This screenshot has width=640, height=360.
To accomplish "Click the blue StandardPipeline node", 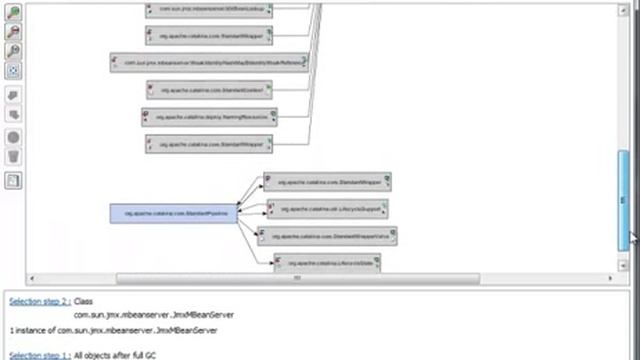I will click(174, 214).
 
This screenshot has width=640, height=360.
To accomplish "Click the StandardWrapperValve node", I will click(328, 236).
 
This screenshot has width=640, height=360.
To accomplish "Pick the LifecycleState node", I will click(328, 263).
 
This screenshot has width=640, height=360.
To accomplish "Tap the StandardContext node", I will click(210, 89).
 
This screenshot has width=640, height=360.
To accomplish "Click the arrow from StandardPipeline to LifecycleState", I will click(258, 240).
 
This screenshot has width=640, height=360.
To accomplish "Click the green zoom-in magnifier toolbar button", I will click(13, 12).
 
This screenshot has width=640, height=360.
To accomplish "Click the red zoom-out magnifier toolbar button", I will click(13, 32).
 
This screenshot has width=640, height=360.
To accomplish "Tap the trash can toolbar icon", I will click(13, 156).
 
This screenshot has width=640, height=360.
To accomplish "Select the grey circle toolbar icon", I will click(13, 137).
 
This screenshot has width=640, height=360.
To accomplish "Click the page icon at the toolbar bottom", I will click(13, 181).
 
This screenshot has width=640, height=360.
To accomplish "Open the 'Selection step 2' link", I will click(39, 301).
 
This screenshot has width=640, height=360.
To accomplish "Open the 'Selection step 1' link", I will click(39, 355).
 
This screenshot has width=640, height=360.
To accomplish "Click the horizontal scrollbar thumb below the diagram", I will click(297, 278).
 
